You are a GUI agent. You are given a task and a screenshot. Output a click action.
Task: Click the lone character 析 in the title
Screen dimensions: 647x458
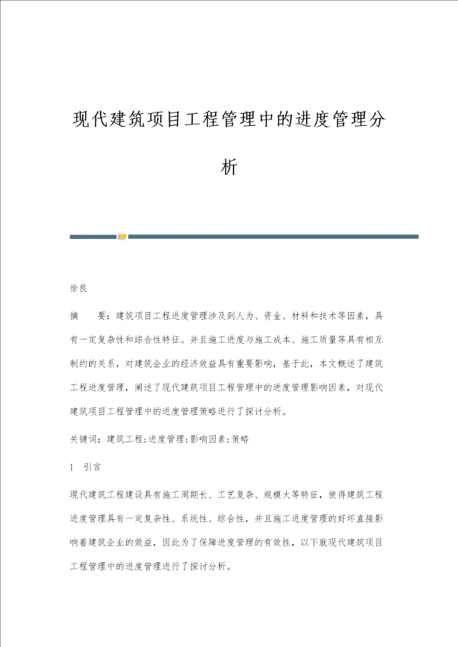pos(229,167)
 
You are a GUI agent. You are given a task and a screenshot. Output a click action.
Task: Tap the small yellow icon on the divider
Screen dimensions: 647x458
pos(122,236)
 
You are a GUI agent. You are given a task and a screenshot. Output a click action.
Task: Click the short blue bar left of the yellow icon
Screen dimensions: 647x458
pos(93,236)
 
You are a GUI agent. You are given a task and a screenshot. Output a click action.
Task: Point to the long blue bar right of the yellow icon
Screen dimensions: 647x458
pos(274,236)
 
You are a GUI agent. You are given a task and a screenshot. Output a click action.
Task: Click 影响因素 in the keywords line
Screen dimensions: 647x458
pos(203,439)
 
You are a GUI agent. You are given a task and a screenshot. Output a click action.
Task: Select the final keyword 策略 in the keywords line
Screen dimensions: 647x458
pos(240,439)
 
